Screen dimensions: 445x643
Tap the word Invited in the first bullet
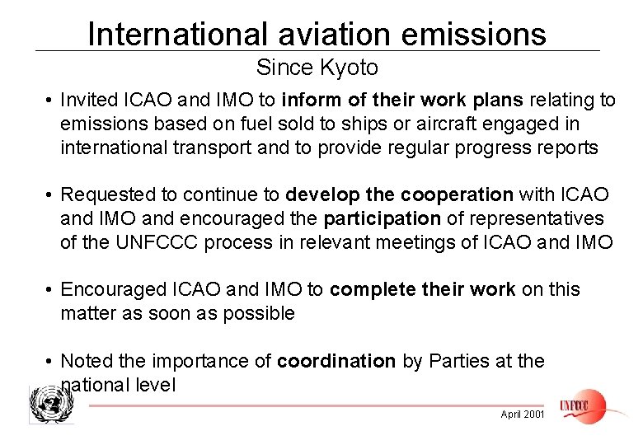(x=88, y=101)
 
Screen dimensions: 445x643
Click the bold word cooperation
(x=457, y=195)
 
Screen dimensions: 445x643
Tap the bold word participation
(x=383, y=219)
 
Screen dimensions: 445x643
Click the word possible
(x=259, y=314)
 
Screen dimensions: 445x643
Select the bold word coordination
(x=337, y=361)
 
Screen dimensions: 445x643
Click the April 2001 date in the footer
(x=523, y=415)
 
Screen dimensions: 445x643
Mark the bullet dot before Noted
(x=50, y=362)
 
